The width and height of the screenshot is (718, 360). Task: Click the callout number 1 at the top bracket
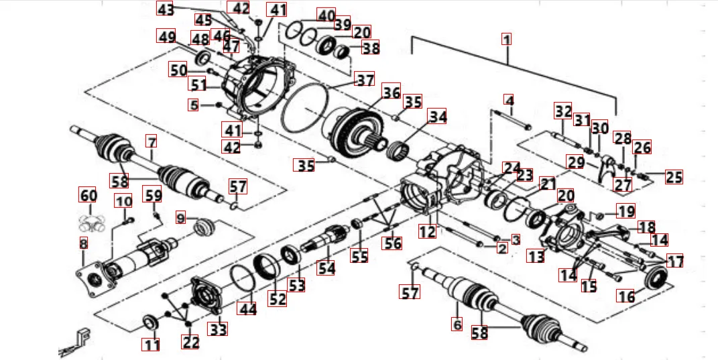tap(507, 39)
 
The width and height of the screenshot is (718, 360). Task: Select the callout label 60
tap(88, 195)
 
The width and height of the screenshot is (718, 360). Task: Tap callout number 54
tap(326, 267)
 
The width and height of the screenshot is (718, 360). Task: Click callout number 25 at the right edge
tap(673, 177)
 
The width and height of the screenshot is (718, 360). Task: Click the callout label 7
tap(152, 142)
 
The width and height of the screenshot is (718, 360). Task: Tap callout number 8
tap(83, 244)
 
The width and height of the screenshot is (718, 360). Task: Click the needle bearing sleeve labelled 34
tap(401, 149)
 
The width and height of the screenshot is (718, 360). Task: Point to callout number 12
tap(428, 232)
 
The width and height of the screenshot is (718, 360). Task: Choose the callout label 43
tap(165, 9)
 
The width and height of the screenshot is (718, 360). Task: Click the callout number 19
tap(625, 212)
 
